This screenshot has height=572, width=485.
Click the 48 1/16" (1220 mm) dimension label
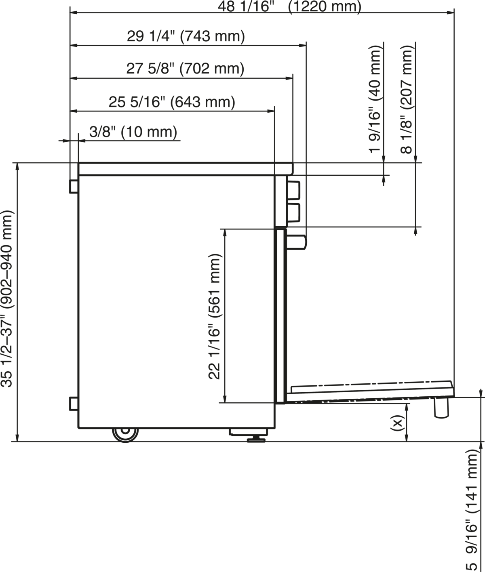(x=289, y=6)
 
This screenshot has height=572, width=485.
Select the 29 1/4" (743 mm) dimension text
(x=186, y=36)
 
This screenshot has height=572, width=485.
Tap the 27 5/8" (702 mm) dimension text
(x=185, y=69)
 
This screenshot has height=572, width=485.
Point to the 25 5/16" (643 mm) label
(x=172, y=102)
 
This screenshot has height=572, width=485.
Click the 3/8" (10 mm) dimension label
(x=133, y=132)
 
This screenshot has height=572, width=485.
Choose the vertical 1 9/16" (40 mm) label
(x=375, y=99)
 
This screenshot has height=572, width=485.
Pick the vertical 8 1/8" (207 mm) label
(x=407, y=99)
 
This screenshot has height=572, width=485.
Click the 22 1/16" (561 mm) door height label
(x=215, y=316)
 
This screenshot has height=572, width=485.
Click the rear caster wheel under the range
(x=125, y=435)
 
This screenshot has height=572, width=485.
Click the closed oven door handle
(x=297, y=242)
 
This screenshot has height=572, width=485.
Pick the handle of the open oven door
(x=441, y=408)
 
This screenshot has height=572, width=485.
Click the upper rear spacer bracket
(x=74, y=186)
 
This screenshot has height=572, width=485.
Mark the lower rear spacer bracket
(x=74, y=403)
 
